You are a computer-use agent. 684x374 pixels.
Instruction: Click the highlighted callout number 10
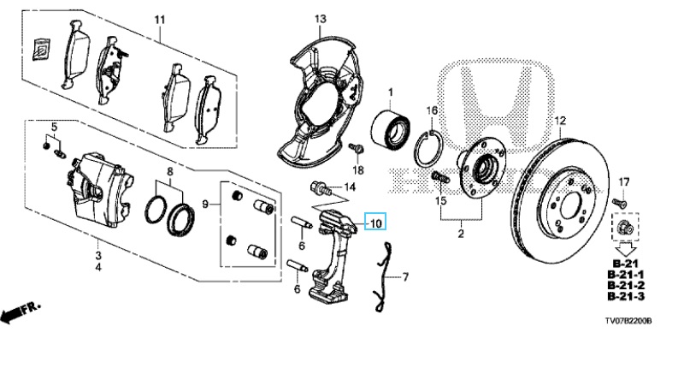point(375,223)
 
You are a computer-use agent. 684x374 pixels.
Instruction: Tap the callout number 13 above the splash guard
point(320,19)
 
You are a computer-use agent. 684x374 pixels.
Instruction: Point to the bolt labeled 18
point(356,149)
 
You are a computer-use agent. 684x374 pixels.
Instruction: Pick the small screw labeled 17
point(618,203)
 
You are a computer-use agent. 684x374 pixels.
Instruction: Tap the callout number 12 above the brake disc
point(560,121)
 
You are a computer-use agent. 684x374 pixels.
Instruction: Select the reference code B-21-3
point(626,296)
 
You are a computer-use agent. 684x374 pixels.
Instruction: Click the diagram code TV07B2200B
point(628,321)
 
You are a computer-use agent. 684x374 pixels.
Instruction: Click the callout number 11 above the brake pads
point(160,20)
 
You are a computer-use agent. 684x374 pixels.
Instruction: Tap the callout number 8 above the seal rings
point(170,171)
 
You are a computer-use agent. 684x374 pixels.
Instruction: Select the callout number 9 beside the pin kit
point(206,203)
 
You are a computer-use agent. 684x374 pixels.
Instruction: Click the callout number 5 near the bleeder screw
point(54,128)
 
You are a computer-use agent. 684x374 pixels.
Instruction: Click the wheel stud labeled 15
point(440,178)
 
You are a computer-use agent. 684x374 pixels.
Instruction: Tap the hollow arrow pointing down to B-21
point(626,250)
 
